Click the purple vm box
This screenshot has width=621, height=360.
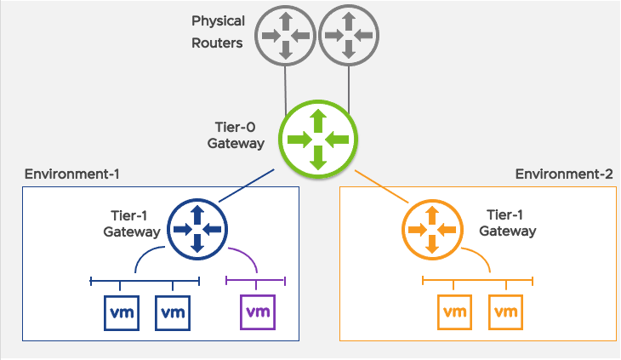coord(258,311)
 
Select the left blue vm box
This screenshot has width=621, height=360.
coord(120,312)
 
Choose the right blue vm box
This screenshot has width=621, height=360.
coord(173,312)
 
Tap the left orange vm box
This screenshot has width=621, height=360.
coord(453,312)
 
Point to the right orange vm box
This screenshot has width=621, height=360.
coord(505,312)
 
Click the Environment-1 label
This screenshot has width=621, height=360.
coord(71,174)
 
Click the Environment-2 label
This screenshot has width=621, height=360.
coord(563,174)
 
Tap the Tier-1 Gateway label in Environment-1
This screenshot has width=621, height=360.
coord(131,224)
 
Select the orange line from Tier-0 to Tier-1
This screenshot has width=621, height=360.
coord(382,187)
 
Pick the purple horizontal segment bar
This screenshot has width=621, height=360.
coord(256,280)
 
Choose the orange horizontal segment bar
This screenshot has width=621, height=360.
coord(477,280)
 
